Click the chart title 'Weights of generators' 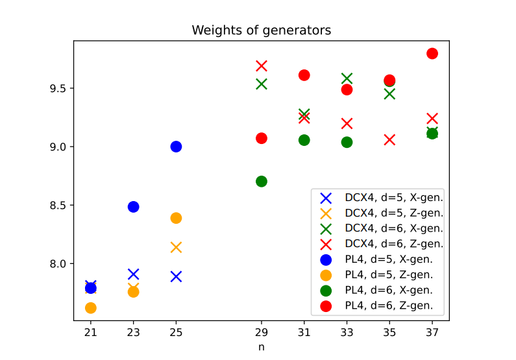point(261,30)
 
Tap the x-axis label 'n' point(261,347)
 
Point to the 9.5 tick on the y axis point(60,88)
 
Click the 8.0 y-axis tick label point(60,264)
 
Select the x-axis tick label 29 point(262,332)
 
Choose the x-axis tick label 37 point(432,332)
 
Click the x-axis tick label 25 point(176,332)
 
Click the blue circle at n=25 point(176,147)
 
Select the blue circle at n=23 point(133,207)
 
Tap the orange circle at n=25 point(176,218)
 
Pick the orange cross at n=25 point(176,247)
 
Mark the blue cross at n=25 point(176,276)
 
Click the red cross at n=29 point(262,66)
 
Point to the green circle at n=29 point(262,181)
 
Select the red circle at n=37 point(432,53)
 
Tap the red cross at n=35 point(389,139)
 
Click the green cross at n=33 point(347,78)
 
